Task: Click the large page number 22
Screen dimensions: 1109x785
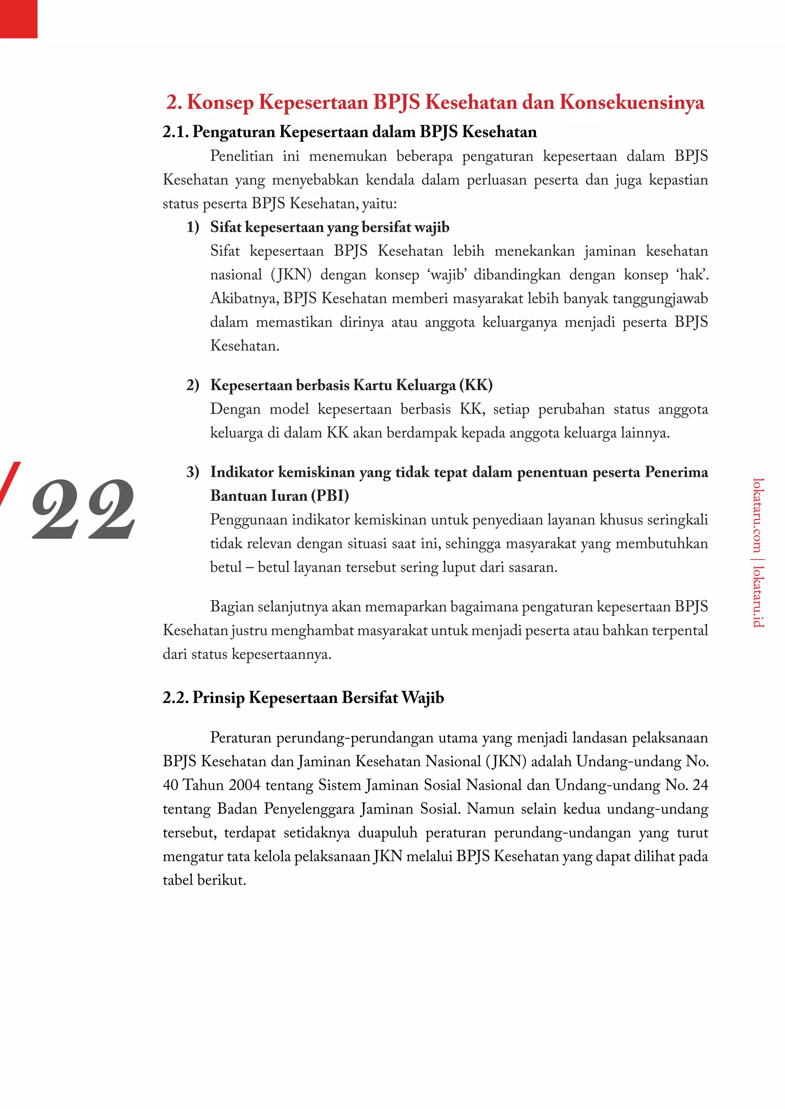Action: tap(83, 510)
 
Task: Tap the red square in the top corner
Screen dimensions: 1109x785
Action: tap(18, 18)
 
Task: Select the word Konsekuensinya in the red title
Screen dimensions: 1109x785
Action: tap(632, 102)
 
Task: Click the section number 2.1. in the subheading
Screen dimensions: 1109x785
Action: tap(175, 132)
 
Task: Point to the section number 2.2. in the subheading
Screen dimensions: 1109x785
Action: tap(175, 698)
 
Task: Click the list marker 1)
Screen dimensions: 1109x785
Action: tap(193, 227)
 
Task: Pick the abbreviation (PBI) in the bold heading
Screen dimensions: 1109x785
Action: tap(330, 496)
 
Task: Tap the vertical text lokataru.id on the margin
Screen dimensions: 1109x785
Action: tap(758, 595)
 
